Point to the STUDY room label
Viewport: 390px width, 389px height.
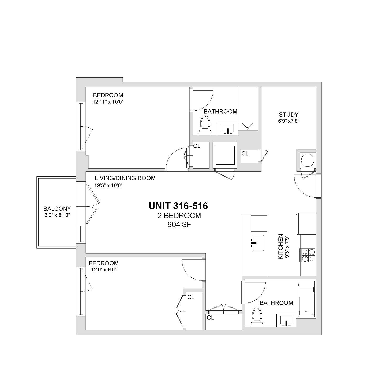tap(288, 115)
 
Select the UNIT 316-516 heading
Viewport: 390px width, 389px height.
tap(178, 206)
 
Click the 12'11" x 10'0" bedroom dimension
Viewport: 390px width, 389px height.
tap(108, 102)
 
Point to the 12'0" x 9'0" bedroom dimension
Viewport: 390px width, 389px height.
tap(102, 269)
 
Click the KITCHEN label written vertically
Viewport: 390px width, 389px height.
tap(281, 247)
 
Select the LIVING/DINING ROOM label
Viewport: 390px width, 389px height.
tap(125, 178)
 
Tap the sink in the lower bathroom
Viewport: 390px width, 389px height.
tap(287, 321)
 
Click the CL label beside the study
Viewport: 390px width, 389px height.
tap(245, 154)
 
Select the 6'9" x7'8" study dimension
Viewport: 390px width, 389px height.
tap(289, 121)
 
